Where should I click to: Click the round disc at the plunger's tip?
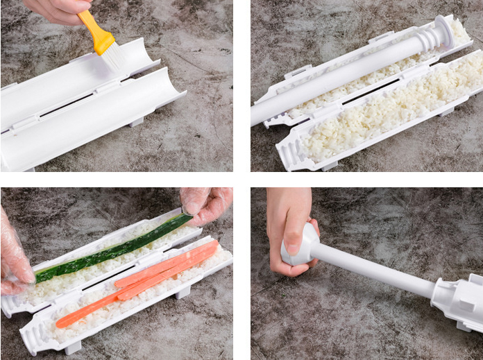443,31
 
